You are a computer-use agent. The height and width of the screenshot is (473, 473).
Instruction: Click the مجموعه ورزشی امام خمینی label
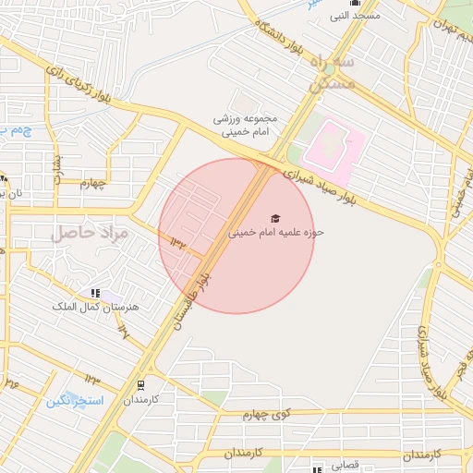240,126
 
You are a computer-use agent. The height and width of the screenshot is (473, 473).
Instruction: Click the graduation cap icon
273,217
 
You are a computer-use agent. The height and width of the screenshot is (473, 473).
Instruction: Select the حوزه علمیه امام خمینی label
277,233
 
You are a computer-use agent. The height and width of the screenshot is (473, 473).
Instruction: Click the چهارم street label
93,183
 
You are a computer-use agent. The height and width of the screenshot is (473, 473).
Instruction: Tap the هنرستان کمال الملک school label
105,306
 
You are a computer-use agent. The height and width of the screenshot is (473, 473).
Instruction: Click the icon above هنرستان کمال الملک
95,293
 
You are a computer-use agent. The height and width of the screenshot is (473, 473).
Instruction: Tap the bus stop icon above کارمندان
140,384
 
